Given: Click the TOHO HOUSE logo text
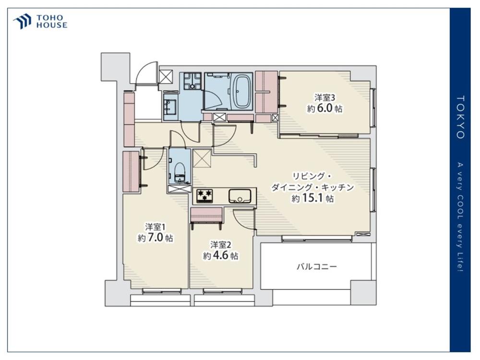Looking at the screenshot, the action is pos(52,22).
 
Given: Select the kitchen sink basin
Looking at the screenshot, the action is pos(240,196).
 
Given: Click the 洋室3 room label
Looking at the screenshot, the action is pos(325,97).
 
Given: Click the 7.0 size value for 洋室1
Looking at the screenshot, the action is pos(155,238).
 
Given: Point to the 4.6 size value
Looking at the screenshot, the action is pos(220,255).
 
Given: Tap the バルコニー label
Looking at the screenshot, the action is pos(316,266).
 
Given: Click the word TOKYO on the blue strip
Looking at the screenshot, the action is pos(460,117).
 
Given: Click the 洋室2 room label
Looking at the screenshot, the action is pos(220,245).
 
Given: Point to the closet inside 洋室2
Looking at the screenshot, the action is pos(206,215).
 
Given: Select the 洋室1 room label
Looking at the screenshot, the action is pos(155,227).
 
